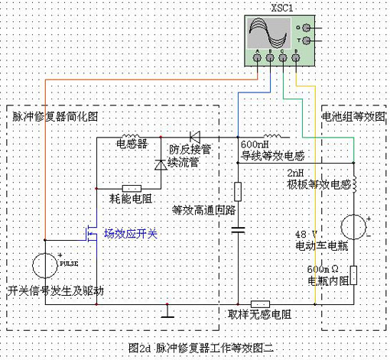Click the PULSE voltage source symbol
[46, 266]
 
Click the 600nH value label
[255, 144]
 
